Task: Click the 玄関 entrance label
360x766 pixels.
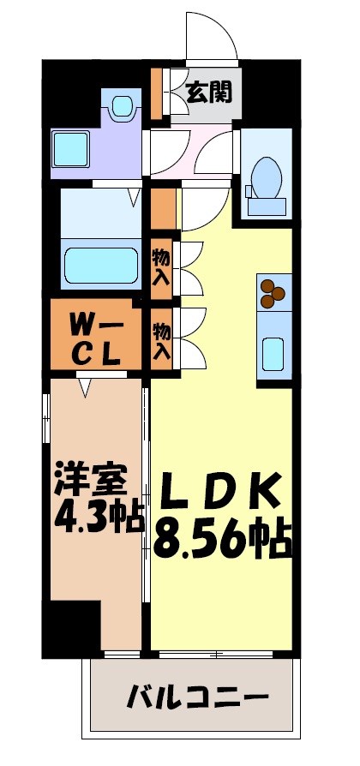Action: coord(209,92)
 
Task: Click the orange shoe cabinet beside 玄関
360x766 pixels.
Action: coord(156,91)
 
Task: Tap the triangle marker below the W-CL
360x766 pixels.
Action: coord(85,389)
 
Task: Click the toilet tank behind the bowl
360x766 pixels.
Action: coord(266,206)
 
